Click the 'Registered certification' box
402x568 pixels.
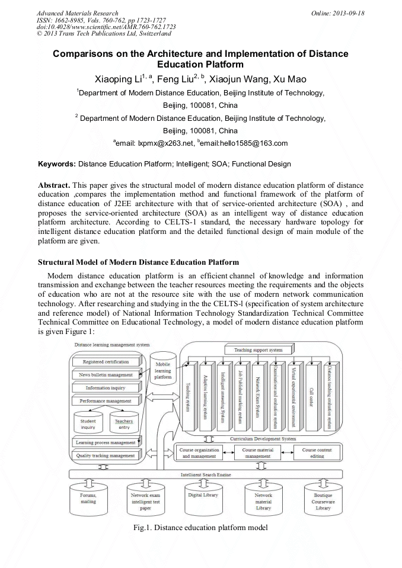[106, 361]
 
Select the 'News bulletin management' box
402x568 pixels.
[106, 374]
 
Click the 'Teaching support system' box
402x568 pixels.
[259, 349]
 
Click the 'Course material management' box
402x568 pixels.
[259, 454]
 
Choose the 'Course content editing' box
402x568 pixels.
[317, 454]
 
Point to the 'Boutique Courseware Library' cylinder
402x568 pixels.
[323, 503]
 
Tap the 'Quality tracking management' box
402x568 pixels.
[106, 455]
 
